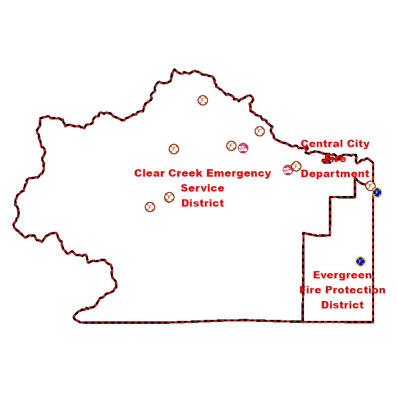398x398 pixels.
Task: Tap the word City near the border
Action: (358, 144)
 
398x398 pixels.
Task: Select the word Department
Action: (335, 174)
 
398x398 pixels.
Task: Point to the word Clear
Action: (150, 174)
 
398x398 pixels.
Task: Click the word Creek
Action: (186, 174)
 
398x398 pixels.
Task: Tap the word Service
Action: (202, 188)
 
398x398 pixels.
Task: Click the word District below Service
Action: (202, 203)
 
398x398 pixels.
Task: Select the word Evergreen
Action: (343, 275)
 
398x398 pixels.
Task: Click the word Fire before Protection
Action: (311, 290)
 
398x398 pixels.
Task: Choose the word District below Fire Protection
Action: (343, 304)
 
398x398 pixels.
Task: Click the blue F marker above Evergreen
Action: (361, 261)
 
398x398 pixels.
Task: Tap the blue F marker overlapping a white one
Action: (377, 192)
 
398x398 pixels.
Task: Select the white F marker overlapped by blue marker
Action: (370, 186)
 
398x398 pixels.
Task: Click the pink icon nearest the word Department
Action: (288, 170)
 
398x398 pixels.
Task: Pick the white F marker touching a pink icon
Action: (296, 166)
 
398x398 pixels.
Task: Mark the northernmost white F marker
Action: (203, 100)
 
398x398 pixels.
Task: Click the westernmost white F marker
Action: (150, 207)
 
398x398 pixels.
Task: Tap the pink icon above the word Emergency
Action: (243, 148)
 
